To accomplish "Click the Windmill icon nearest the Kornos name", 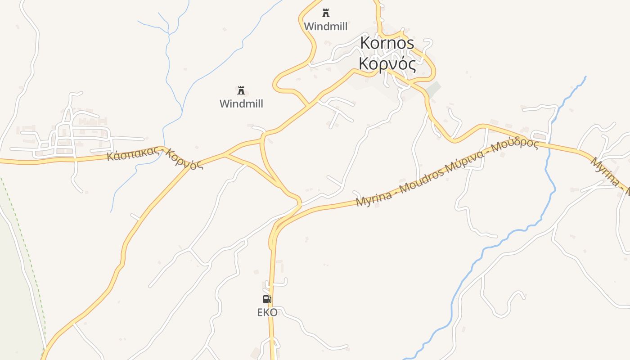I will pos(325,13).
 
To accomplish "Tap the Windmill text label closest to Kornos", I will pos(325,27).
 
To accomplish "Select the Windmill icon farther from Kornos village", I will pos(241,90).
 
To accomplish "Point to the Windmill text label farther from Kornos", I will pos(241,104).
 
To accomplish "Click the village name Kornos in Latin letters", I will pos(387,43).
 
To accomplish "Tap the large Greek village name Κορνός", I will pos(387,64).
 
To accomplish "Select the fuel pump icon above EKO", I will pos(267,299).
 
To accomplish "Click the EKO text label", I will pos(267,312).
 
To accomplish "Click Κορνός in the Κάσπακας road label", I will pos(185,159).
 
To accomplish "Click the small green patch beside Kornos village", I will pos(433,89).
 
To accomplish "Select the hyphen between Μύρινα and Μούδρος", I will pos(490,153).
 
